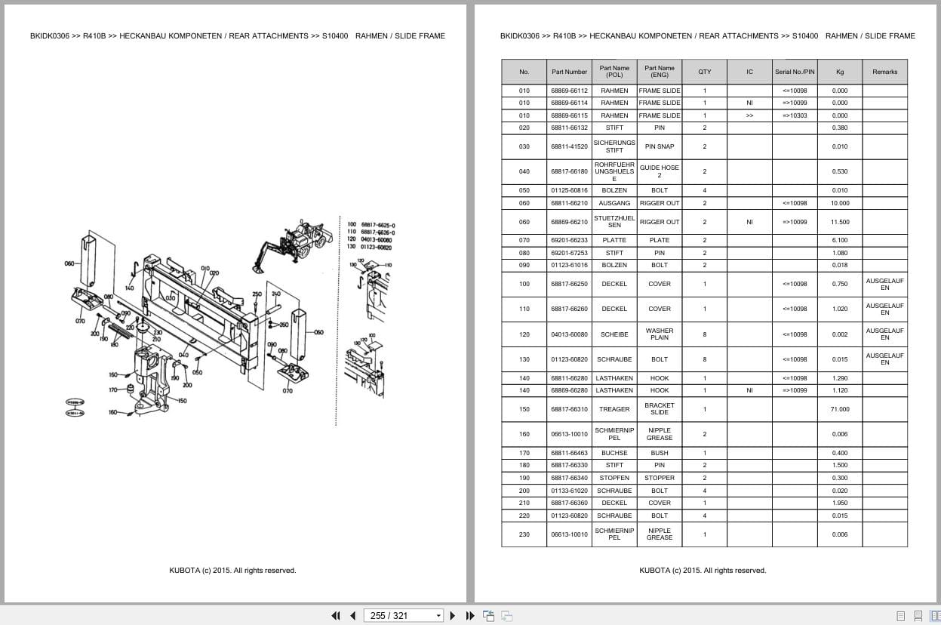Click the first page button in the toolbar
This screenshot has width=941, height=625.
(336, 615)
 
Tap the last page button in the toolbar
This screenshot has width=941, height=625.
(470, 615)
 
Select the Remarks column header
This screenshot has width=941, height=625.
(884, 72)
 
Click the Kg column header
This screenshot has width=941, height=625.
(839, 72)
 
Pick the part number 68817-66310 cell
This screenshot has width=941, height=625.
(569, 409)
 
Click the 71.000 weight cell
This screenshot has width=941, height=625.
(839, 409)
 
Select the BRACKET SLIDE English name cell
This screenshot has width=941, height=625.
(659, 409)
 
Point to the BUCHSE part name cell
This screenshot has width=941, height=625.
(614, 453)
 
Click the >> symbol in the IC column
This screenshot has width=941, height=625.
(749, 115)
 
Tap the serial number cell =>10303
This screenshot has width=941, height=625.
(794, 115)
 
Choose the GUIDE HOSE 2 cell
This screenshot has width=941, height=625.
(659, 171)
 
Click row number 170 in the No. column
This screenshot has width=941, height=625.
(524, 453)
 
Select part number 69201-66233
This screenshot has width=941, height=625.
(569, 240)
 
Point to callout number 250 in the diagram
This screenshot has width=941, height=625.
(257, 294)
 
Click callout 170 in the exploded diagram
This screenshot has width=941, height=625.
(113, 390)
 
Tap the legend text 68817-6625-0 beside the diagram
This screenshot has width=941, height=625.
(377, 225)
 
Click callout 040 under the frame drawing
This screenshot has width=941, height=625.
(183, 354)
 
